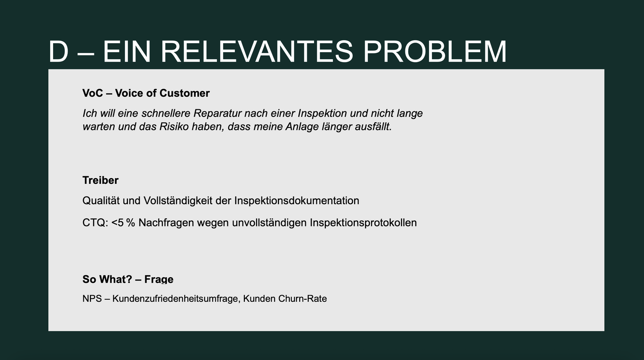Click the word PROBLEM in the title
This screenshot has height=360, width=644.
pos(435,52)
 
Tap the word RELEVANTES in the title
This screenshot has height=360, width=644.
pos(257,52)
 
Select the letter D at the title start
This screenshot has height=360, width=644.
pos(59,52)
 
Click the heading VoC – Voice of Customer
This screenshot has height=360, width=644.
pos(146,93)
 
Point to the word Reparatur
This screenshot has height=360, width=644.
pos(217,113)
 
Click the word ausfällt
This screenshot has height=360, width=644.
pos(374,126)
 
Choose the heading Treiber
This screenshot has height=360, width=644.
pos(100,180)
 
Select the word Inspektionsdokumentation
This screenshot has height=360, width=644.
pos(297,201)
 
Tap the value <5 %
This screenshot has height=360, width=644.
pos(123,223)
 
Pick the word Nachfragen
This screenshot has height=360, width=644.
pos(166,223)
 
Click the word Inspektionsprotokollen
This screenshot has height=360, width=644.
pos(363,223)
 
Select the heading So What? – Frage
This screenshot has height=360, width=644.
pos(128,279)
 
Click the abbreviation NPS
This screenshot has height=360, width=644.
pos(92,299)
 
